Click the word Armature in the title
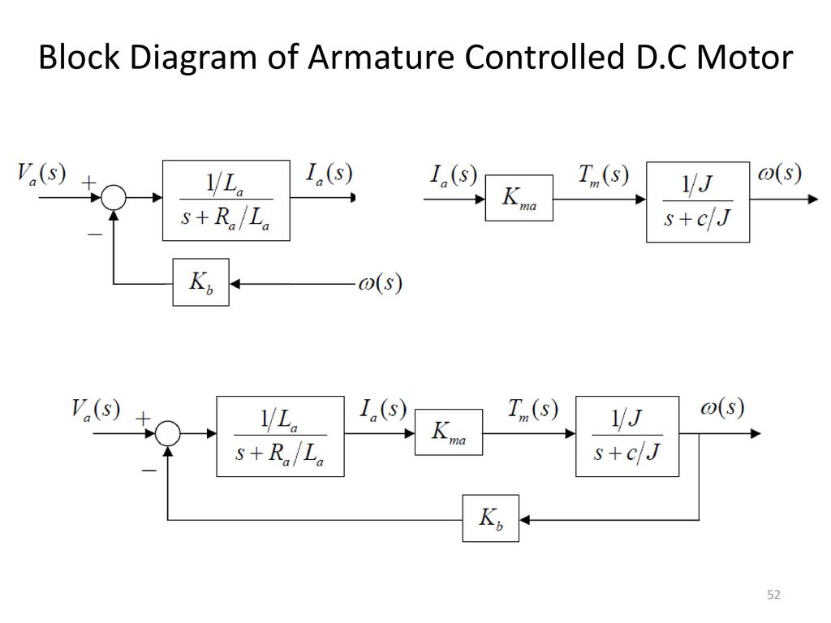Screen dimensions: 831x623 (x=381, y=57)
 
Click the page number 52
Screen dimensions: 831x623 (x=773, y=595)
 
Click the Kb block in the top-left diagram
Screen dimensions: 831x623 (x=201, y=282)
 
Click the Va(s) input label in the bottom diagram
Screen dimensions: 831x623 (x=96, y=410)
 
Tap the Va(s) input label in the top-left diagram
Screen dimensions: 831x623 (x=41, y=174)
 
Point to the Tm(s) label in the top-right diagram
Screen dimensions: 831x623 (x=604, y=175)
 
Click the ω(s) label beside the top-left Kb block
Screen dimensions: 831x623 (x=380, y=283)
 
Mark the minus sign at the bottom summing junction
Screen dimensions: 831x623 (x=149, y=470)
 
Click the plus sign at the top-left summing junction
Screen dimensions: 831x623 (x=89, y=183)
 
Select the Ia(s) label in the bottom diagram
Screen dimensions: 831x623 (x=383, y=410)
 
